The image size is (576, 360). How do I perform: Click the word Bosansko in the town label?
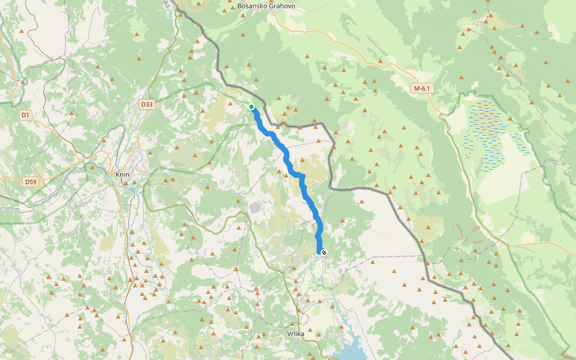click(x=251, y=6)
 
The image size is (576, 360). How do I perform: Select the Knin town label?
click(x=122, y=175)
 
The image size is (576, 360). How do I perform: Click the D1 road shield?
click(x=25, y=115)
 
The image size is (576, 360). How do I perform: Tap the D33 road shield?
click(x=147, y=104)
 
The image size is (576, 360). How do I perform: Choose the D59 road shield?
click(x=31, y=181)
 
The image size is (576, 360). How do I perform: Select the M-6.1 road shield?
click(x=422, y=88)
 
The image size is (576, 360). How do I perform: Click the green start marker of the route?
click(x=251, y=107)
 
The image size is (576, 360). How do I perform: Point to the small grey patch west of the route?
click(x=255, y=208)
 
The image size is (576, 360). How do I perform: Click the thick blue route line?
click(x=288, y=160)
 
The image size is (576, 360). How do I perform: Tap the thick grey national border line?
click(x=360, y=189)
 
